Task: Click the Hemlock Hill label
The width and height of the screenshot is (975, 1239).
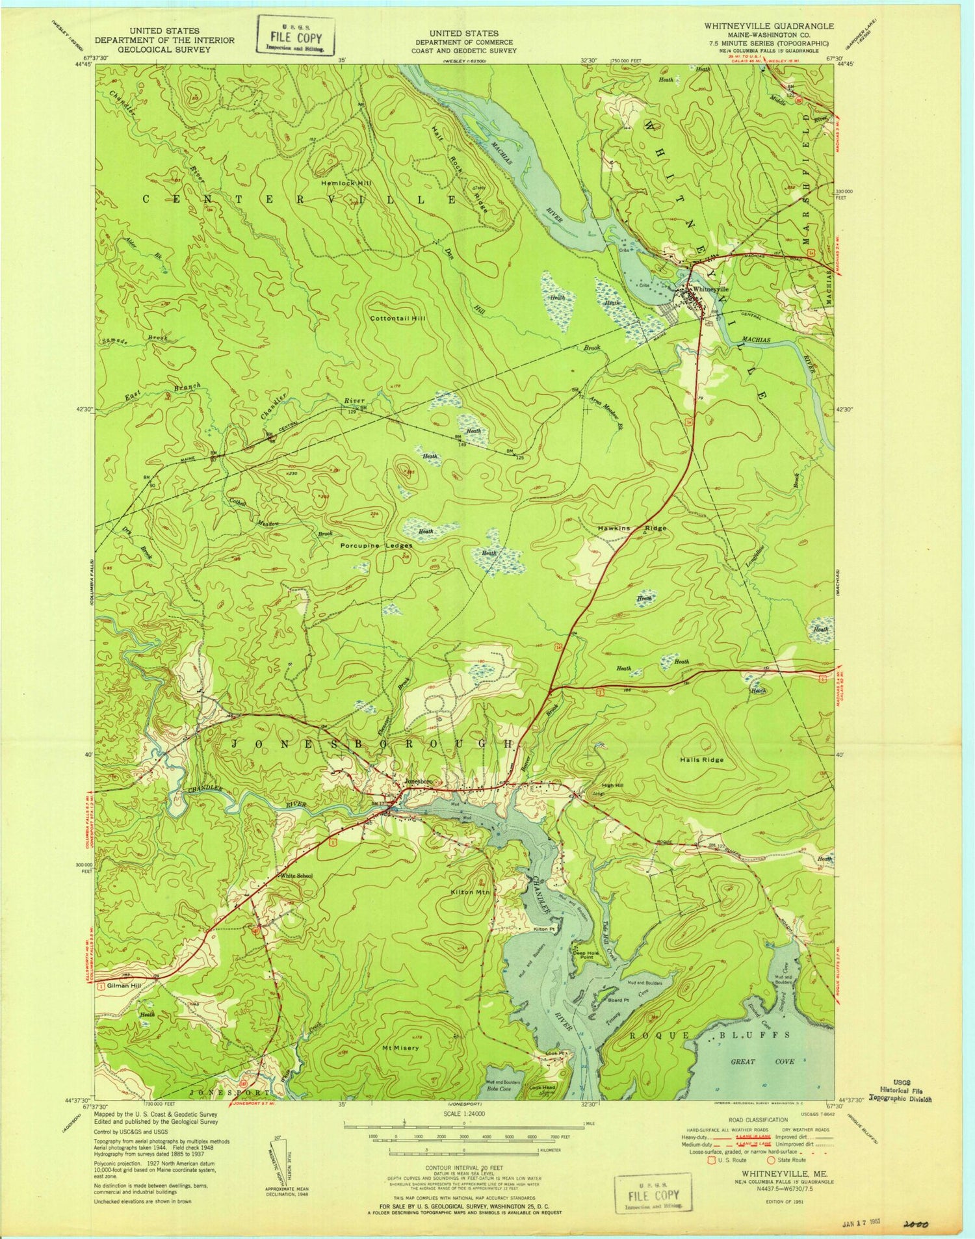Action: coord(346,183)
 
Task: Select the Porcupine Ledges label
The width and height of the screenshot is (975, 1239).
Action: coord(376,546)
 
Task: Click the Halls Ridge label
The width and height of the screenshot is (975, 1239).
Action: coord(701,759)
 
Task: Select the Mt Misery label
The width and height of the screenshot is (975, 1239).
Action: coord(400,1048)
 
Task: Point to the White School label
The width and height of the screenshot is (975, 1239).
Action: coord(296,876)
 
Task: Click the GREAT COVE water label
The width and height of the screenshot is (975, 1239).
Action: coord(773,1062)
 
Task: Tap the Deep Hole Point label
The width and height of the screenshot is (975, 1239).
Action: coord(583,954)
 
